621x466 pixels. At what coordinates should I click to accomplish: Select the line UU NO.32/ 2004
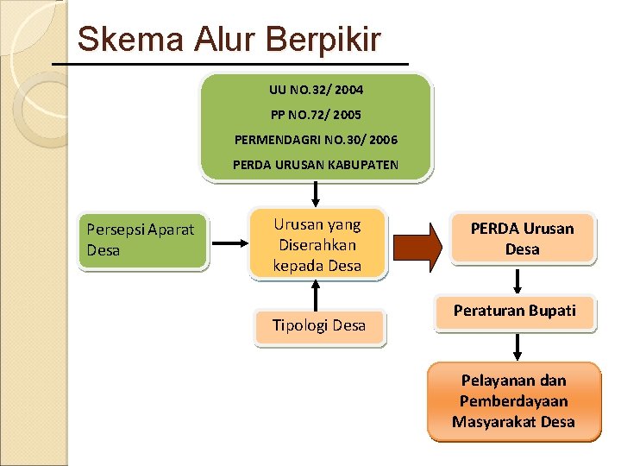click(316, 89)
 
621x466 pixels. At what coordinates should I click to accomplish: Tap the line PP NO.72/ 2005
click(316, 114)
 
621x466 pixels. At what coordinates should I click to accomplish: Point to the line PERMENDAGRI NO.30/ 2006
click(316, 139)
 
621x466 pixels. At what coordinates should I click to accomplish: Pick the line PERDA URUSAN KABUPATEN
click(316, 164)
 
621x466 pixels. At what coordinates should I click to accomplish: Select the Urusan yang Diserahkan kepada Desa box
click(317, 244)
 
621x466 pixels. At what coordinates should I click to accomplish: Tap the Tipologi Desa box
click(319, 326)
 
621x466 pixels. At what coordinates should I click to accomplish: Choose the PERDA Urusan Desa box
click(522, 238)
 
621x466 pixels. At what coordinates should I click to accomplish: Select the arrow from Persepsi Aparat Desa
click(229, 243)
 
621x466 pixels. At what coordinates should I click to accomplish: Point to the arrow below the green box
click(317, 193)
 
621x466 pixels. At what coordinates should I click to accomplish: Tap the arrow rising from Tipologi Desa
click(317, 294)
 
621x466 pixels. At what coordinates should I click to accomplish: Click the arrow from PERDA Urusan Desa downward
click(517, 280)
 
